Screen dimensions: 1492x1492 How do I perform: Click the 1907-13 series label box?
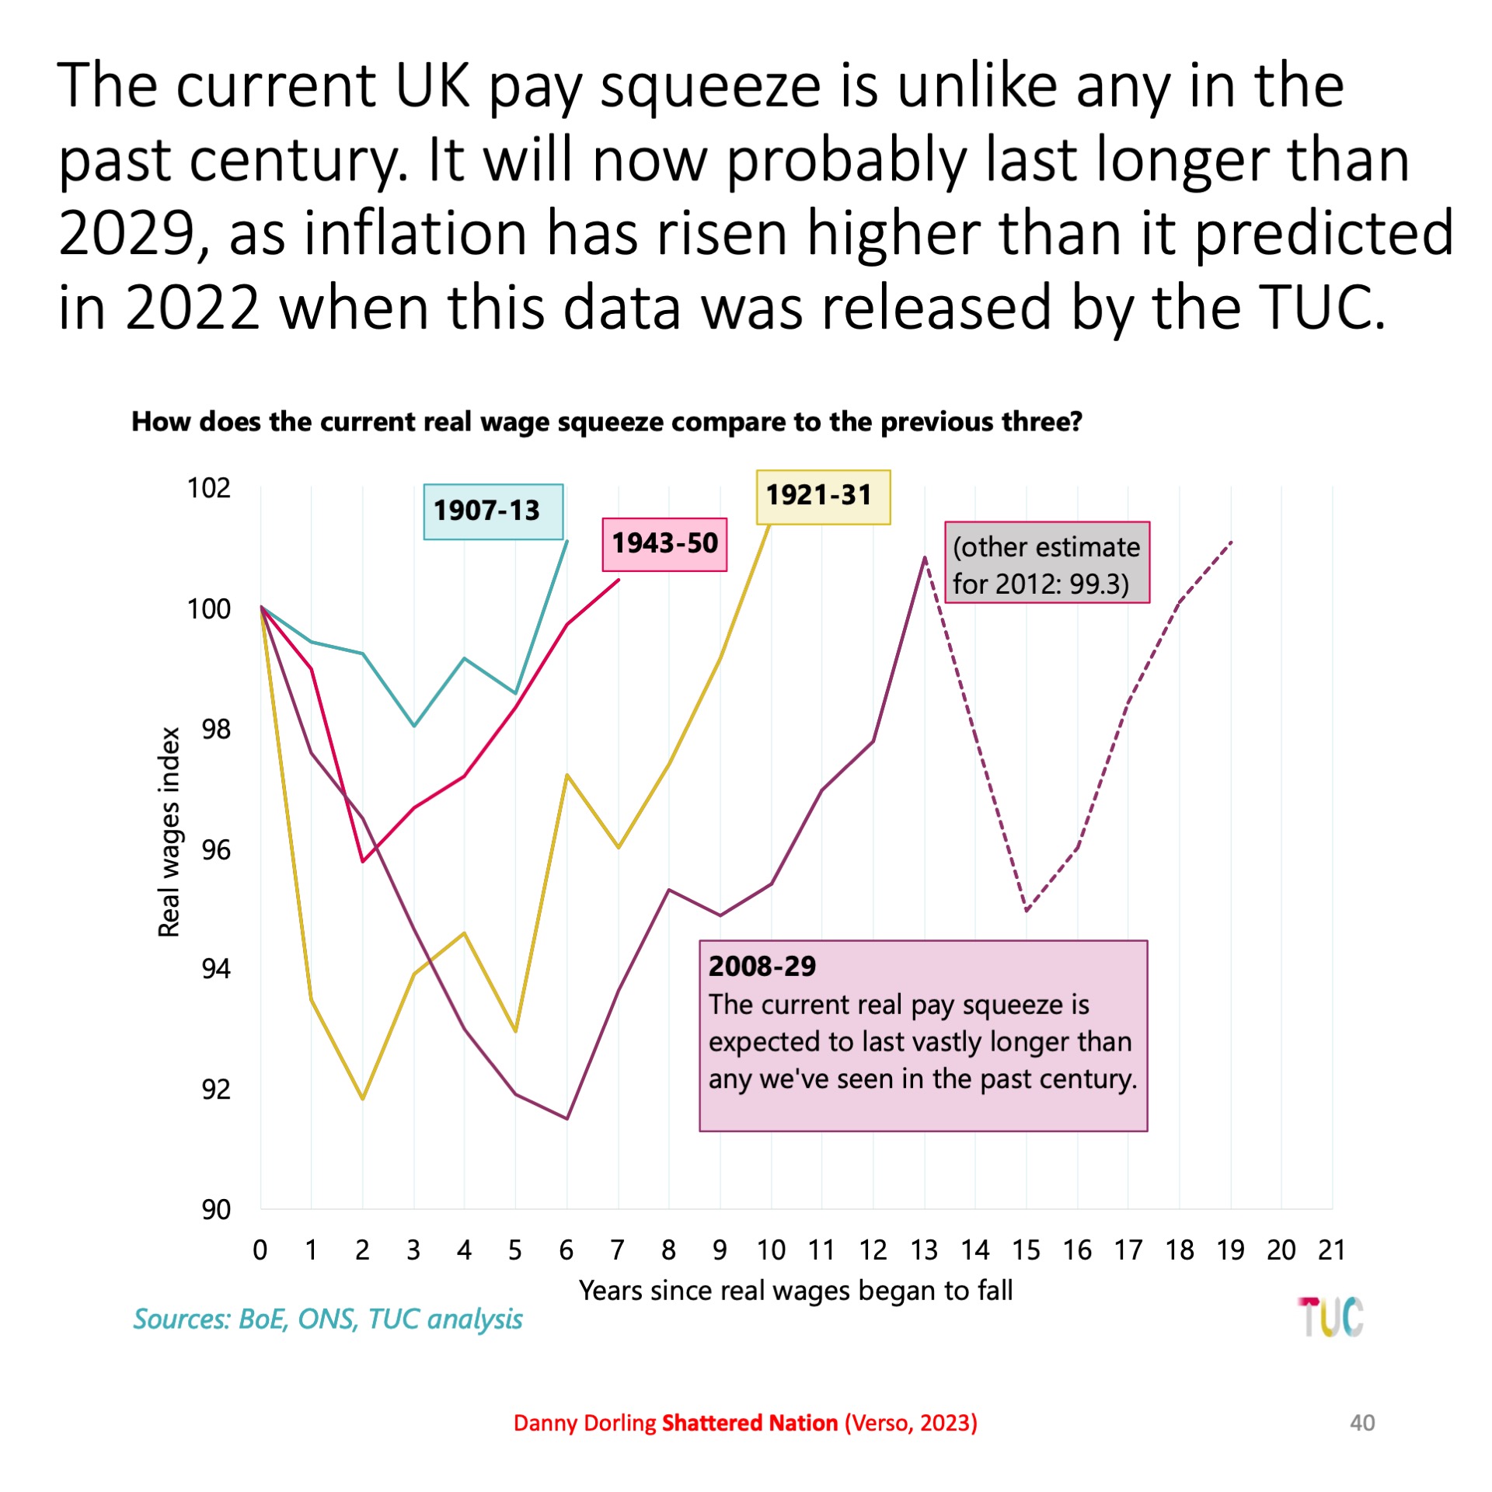point(493,511)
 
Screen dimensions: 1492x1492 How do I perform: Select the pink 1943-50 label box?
point(664,544)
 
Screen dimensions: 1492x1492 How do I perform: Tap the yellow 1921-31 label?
point(823,497)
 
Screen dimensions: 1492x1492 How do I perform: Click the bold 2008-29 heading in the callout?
point(762,966)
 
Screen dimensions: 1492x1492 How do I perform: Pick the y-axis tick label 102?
point(208,488)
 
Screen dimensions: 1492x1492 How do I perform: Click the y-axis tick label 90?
point(215,1209)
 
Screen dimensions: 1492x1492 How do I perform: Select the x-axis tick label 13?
point(924,1250)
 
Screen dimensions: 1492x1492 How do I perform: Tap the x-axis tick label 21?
point(1332,1250)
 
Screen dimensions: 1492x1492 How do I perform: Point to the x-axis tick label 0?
point(260,1250)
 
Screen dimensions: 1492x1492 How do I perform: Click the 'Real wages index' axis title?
point(169,831)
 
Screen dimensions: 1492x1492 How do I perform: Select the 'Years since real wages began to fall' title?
point(795,1291)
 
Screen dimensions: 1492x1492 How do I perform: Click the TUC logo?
point(1330,1317)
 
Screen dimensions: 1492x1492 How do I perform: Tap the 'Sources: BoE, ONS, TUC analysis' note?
point(327,1319)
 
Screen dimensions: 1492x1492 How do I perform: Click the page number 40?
point(1362,1423)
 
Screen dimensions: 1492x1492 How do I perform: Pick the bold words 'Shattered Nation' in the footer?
point(749,1423)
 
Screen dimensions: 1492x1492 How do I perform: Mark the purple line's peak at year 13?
point(925,557)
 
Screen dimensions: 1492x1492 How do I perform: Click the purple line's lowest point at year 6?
point(566,1118)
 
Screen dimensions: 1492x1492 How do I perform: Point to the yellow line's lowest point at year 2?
point(362,1098)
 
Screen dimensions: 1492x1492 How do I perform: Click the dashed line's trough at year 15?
point(1027,910)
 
